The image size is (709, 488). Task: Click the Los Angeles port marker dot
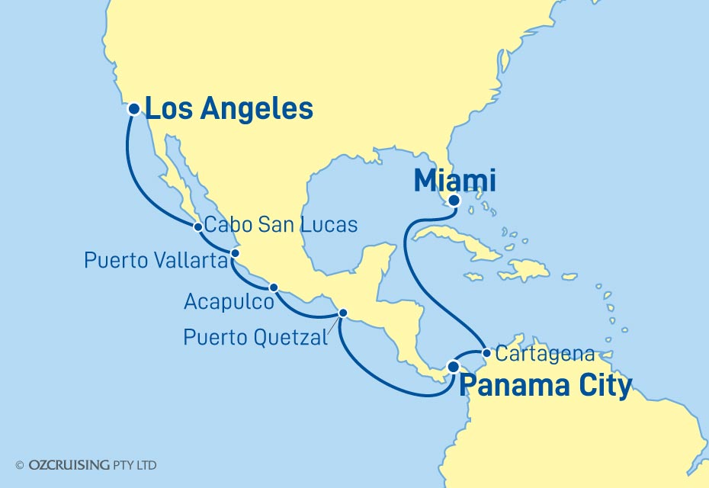(x=133, y=109)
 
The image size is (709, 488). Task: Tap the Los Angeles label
(x=229, y=109)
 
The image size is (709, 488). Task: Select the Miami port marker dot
(x=454, y=201)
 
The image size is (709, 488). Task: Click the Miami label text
(x=454, y=181)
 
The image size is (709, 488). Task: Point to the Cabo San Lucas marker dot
(x=198, y=226)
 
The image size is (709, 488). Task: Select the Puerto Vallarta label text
(x=156, y=262)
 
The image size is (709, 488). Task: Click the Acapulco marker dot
(x=273, y=287)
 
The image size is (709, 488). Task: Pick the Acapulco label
(x=229, y=303)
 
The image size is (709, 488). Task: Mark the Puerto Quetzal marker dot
(x=343, y=313)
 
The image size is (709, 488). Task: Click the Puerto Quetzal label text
(x=255, y=336)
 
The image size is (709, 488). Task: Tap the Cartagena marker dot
(x=486, y=353)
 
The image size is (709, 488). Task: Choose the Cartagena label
(x=544, y=354)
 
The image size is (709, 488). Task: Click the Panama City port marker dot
(x=453, y=367)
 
